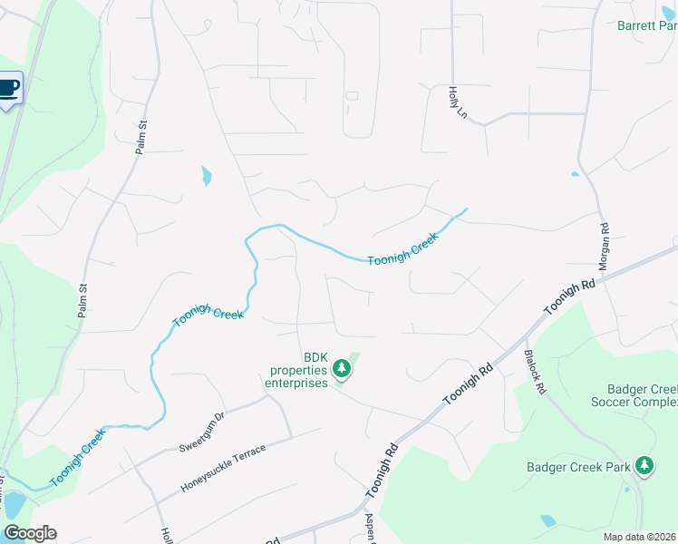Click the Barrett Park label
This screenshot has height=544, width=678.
(646, 26)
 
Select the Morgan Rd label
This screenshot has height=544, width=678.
(602, 246)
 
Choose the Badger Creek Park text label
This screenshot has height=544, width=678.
(578, 468)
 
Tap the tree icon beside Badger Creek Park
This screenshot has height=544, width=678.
(644, 466)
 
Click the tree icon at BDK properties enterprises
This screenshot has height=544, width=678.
(342, 368)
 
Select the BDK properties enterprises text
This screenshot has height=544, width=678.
(295, 370)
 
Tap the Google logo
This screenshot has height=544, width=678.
(30, 533)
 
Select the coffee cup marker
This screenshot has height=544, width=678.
(8, 88)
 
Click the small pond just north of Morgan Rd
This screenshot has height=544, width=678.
(575, 174)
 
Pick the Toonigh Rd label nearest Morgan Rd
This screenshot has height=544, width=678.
(569, 297)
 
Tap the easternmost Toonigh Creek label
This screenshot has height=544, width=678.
(403, 248)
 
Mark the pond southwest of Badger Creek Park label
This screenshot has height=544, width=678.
(548, 521)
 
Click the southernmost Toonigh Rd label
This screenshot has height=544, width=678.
(383, 470)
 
